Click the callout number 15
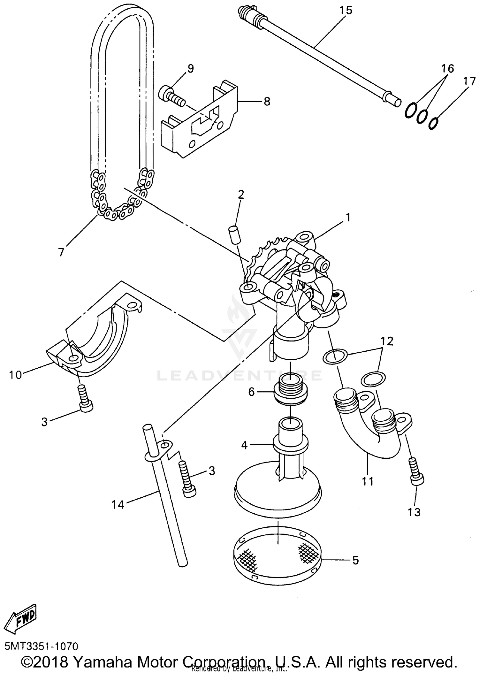coord(346,10)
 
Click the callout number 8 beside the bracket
coord(267,102)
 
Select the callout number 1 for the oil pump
coord(348,218)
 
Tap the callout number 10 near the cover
coord(15,374)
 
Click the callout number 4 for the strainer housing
coord(244,445)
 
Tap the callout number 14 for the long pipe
coord(118,505)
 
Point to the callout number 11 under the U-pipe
coord(368,481)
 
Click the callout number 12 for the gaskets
coord(387,341)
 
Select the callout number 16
coord(448,68)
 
